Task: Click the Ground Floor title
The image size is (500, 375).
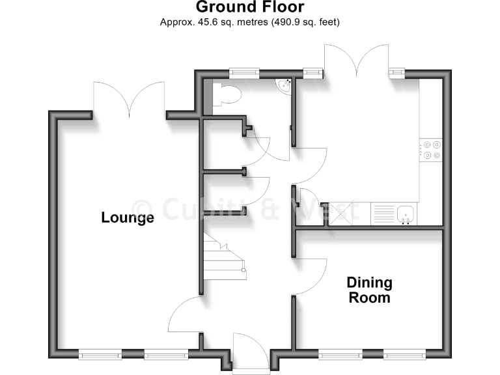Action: point(249,7)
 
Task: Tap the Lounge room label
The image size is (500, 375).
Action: point(128,217)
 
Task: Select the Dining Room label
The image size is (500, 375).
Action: point(369,290)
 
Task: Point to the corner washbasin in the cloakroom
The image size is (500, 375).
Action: point(284,85)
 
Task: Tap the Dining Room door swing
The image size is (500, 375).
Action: point(311,276)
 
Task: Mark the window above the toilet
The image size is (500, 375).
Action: point(244,72)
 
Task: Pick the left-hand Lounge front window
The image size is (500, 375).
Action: point(100,354)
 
